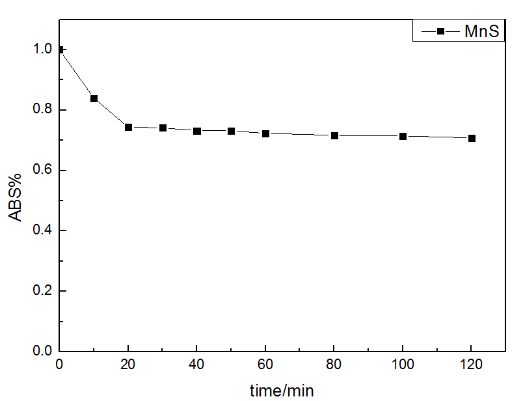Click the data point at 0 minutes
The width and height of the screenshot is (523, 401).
[x=60, y=49]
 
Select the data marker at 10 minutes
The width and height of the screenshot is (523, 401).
[x=94, y=99]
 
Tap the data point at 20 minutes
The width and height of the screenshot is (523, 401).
[x=128, y=127]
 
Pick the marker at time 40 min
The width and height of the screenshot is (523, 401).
[x=197, y=131]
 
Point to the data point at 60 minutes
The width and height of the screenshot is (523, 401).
[x=265, y=133]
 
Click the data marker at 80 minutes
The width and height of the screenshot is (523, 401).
[x=334, y=135]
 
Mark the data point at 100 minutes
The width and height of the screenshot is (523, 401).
[x=403, y=136]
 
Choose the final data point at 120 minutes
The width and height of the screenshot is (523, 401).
[x=472, y=138]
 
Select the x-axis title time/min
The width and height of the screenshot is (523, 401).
[x=282, y=390]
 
